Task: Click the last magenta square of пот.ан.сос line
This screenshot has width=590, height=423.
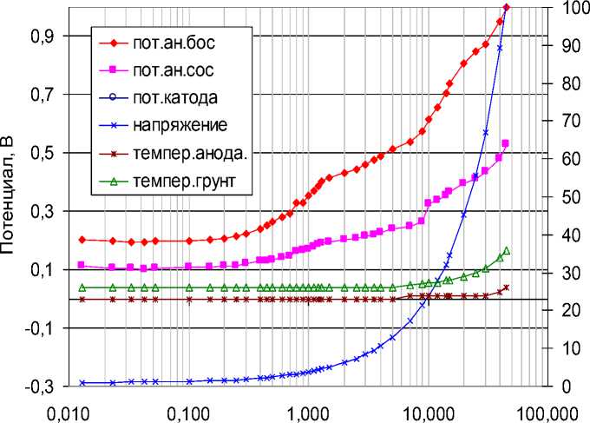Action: (506, 143)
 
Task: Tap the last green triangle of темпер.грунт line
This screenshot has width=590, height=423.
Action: (506, 251)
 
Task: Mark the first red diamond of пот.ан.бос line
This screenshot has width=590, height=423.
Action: (82, 240)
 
